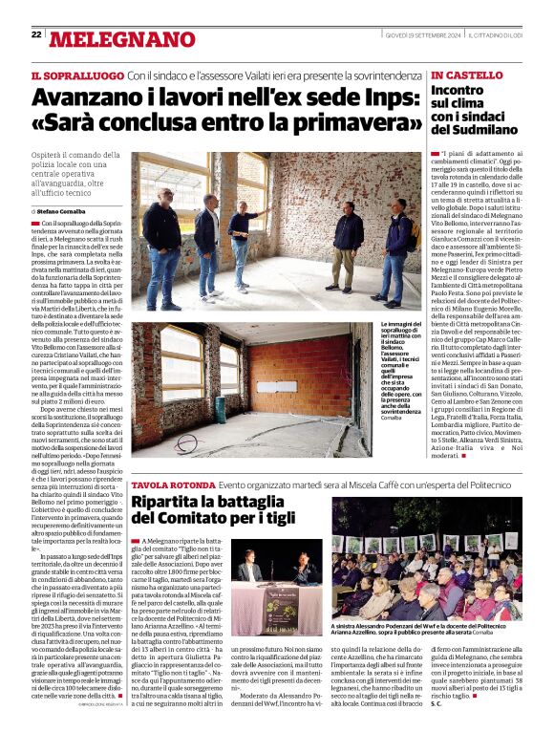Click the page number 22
36,34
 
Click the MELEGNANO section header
121,39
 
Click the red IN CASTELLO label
467,75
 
